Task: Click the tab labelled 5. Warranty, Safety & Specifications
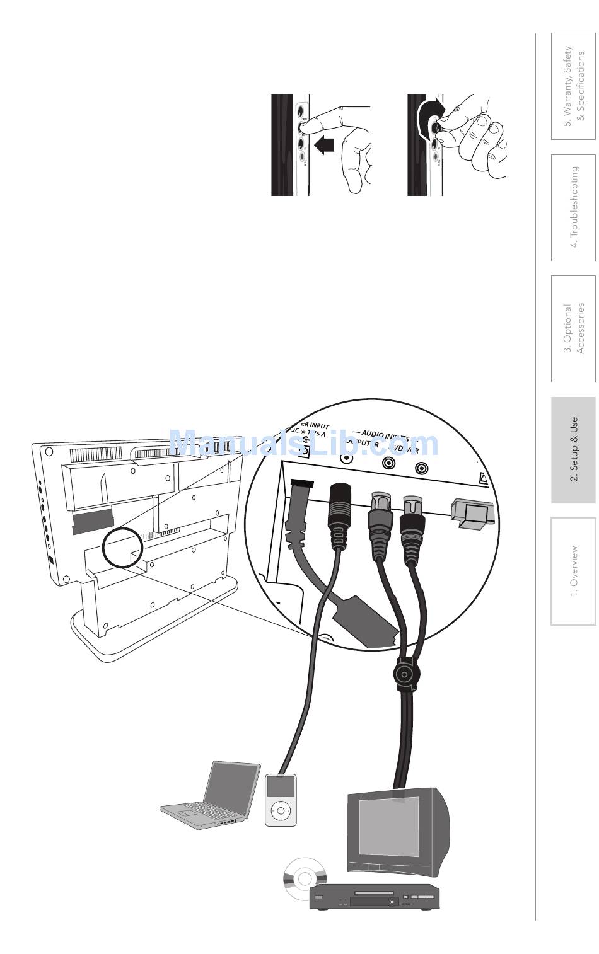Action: point(573,85)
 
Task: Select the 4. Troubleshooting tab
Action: point(573,207)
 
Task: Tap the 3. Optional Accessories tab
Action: point(573,328)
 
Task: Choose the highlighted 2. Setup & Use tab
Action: point(573,450)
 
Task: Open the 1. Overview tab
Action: point(573,571)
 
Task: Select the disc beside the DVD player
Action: point(305,878)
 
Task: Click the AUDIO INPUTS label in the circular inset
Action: point(382,435)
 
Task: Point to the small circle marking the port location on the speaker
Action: point(122,547)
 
